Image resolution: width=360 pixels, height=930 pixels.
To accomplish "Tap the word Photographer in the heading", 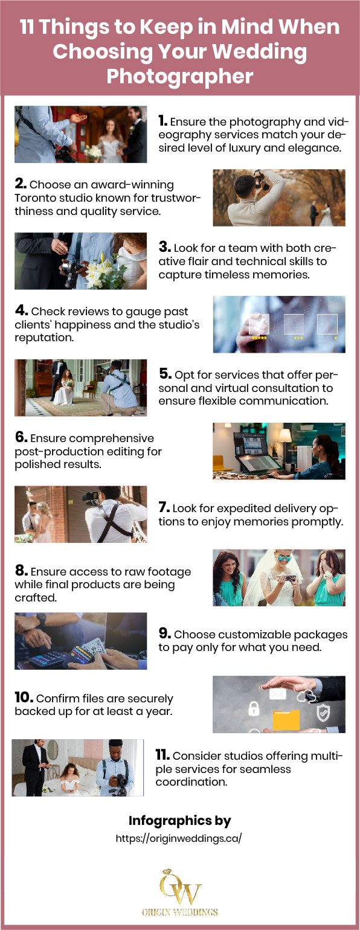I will [179, 76].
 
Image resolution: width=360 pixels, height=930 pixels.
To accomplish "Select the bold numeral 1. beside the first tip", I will [163, 121].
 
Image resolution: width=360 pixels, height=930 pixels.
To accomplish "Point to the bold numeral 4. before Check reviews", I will [22, 312].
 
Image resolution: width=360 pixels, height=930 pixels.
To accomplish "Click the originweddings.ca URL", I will [179, 839].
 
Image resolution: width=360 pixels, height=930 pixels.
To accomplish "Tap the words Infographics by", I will [179, 821].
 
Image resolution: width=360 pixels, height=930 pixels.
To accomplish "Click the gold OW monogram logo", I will [179, 886].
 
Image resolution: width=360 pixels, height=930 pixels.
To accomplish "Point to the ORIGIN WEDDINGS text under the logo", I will [179, 912].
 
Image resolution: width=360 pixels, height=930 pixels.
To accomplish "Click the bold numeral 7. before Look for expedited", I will [164, 508].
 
